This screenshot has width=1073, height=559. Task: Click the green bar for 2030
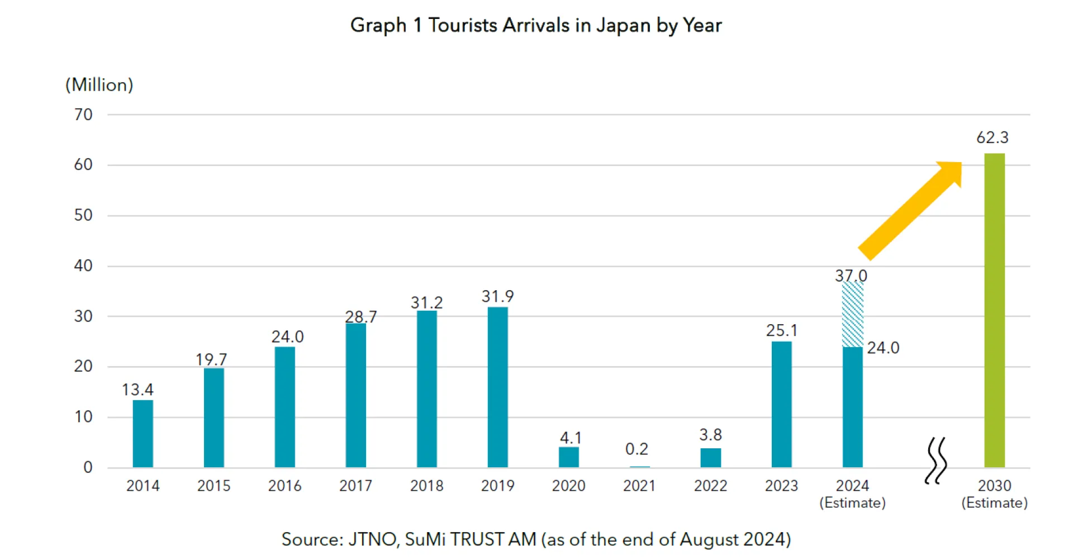tap(994, 310)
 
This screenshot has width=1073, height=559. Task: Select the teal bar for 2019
tap(497, 387)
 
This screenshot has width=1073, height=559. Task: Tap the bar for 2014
tap(143, 433)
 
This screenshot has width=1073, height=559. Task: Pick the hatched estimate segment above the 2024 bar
tap(852, 314)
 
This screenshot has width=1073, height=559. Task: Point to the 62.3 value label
tap(992, 138)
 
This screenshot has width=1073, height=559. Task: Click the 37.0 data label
tap(851, 276)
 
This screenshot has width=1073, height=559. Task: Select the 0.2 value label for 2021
tap(637, 449)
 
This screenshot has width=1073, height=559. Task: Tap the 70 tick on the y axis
tap(83, 115)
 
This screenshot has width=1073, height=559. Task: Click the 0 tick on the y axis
tap(88, 467)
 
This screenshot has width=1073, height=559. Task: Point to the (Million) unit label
tap(99, 85)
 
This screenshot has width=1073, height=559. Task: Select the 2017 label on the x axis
tap(355, 486)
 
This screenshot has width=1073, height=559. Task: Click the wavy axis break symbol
tap(936, 461)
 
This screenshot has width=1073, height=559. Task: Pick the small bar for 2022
tap(710, 458)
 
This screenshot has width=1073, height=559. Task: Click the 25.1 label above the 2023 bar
tap(781, 330)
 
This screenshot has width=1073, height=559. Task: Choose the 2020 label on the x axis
tap(568, 486)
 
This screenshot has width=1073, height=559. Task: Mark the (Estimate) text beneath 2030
tap(994, 503)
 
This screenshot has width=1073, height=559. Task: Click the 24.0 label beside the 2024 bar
tap(883, 348)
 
